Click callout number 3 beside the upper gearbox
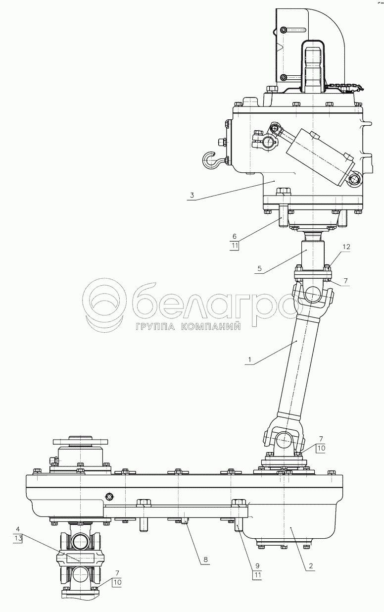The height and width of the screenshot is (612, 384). click(x=192, y=196)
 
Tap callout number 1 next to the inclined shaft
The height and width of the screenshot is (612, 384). click(x=249, y=360)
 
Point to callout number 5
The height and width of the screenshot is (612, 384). click(x=259, y=268)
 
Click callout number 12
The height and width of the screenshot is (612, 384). click(x=346, y=247)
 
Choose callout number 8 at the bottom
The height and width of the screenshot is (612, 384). click(x=205, y=560)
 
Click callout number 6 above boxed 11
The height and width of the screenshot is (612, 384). click(x=235, y=236)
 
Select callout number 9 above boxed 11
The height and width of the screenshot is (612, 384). click(x=257, y=566)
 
